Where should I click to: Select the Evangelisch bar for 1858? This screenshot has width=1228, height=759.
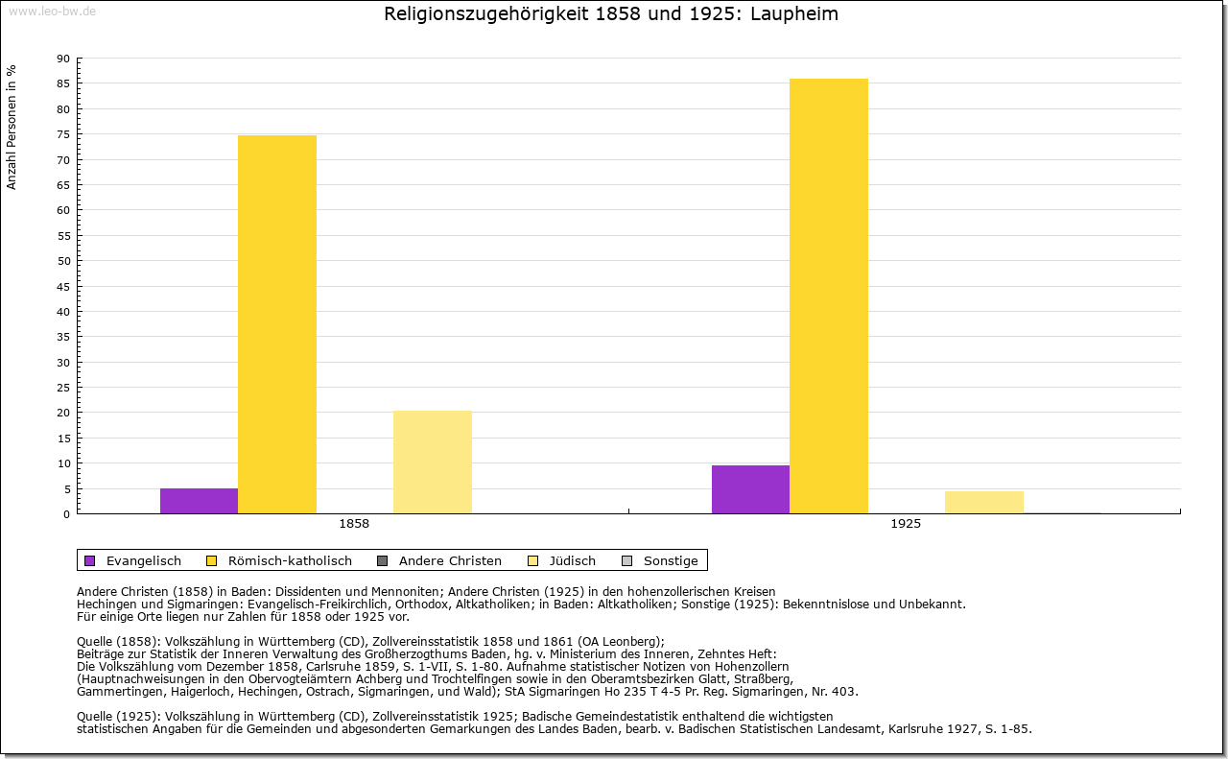click(199, 501)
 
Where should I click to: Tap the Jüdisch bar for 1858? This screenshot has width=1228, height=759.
click(433, 462)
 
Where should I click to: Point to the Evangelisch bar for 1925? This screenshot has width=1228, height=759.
click(750, 489)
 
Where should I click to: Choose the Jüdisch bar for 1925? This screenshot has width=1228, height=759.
click(984, 502)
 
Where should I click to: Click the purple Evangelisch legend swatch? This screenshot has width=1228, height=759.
click(90, 560)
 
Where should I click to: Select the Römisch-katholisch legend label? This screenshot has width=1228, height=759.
click(290, 560)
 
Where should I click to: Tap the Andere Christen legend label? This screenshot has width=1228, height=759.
click(450, 560)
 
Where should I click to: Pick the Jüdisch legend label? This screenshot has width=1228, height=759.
click(573, 560)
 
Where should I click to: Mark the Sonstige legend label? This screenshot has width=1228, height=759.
click(671, 560)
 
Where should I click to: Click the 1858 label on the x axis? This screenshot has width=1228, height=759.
click(354, 525)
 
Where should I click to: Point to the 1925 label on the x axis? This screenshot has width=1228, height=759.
click(906, 525)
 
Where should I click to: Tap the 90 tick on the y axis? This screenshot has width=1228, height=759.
click(63, 59)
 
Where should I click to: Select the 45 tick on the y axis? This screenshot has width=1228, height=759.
click(63, 286)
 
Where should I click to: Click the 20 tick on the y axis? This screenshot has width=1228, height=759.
click(63, 413)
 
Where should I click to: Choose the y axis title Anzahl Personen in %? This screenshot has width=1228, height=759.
click(12, 127)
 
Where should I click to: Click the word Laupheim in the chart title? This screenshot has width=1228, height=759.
click(796, 14)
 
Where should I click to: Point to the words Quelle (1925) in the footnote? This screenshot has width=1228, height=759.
click(119, 716)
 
